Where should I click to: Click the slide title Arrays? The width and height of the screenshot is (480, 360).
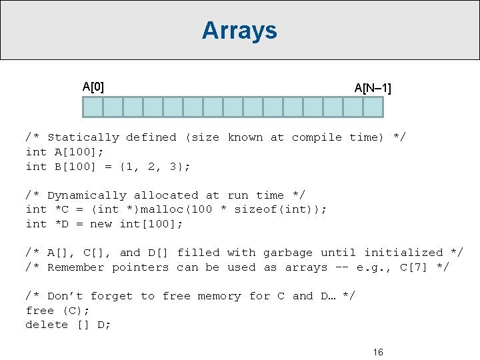(239, 30)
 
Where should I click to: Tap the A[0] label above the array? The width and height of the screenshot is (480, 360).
(93, 86)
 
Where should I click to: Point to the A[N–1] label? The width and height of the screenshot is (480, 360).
(373, 88)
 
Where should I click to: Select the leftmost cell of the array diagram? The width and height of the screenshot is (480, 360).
(93, 107)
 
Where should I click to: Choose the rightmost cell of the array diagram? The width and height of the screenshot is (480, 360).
(373, 107)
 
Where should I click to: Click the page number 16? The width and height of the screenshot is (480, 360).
(378, 352)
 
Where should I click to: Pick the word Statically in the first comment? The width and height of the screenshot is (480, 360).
(83, 137)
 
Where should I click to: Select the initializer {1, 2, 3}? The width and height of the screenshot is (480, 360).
(158, 167)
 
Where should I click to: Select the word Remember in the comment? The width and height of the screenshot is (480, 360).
(75, 267)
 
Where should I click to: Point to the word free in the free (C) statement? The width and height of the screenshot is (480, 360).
(39, 311)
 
